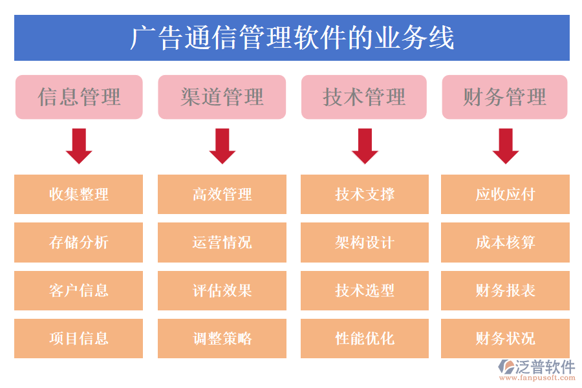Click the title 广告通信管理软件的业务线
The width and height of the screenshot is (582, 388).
(292, 38)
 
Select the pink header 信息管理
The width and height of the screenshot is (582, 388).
(79, 97)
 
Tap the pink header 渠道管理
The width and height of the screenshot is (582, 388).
(222, 97)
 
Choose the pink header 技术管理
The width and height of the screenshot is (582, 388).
(364, 97)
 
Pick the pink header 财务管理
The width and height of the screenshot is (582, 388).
(504, 97)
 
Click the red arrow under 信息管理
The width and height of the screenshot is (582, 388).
(79, 146)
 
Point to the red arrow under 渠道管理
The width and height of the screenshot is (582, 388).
(222, 146)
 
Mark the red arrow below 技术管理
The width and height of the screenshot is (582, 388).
(365, 146)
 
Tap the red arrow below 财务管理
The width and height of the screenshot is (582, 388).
(505, 146)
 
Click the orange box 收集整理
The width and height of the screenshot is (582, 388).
(79, 194)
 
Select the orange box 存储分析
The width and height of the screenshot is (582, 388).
(79, 242)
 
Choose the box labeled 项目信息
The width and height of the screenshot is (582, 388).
(79, 338)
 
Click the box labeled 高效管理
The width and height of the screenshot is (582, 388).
(222, 194)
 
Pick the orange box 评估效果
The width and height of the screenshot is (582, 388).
(222, 290)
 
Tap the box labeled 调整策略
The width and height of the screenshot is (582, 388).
(222, 338)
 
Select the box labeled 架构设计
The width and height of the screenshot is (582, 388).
(365, 242)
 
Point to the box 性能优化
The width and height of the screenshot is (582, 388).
(365, 338)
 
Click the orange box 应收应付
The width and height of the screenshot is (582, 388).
(505, 194)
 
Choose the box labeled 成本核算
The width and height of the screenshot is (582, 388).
(505, 242)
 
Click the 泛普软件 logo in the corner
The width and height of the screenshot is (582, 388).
(536, 370)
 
